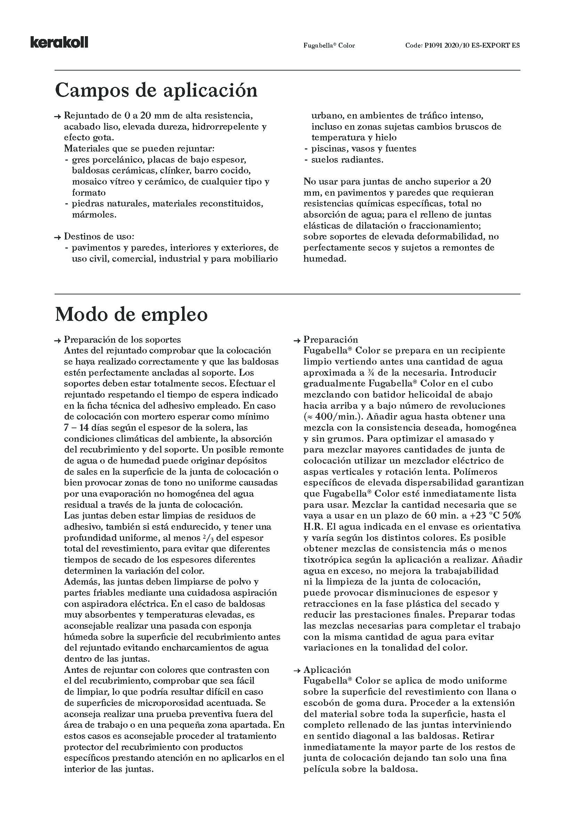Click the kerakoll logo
click(x=59, y=42)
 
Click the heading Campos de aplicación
click(x=156, y=90)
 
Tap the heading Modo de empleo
click(x=131, y=315)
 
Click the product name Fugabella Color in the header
click(x=329, y=46)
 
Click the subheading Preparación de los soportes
click(x=122, y=340)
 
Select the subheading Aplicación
click(x=327, y=669)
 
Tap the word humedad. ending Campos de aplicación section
click(x=324, y=259)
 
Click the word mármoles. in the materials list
click(x=94, y=214)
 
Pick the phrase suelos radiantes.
click(x=347, y=160)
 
